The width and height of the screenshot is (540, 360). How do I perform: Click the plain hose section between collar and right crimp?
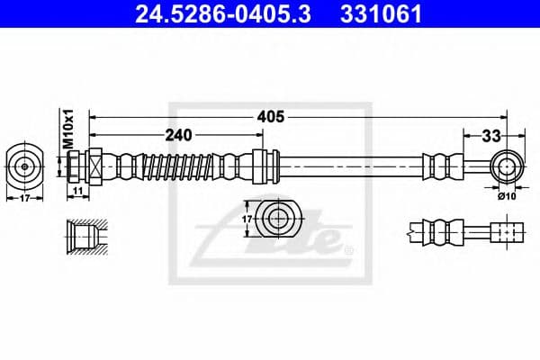point(351,166)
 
